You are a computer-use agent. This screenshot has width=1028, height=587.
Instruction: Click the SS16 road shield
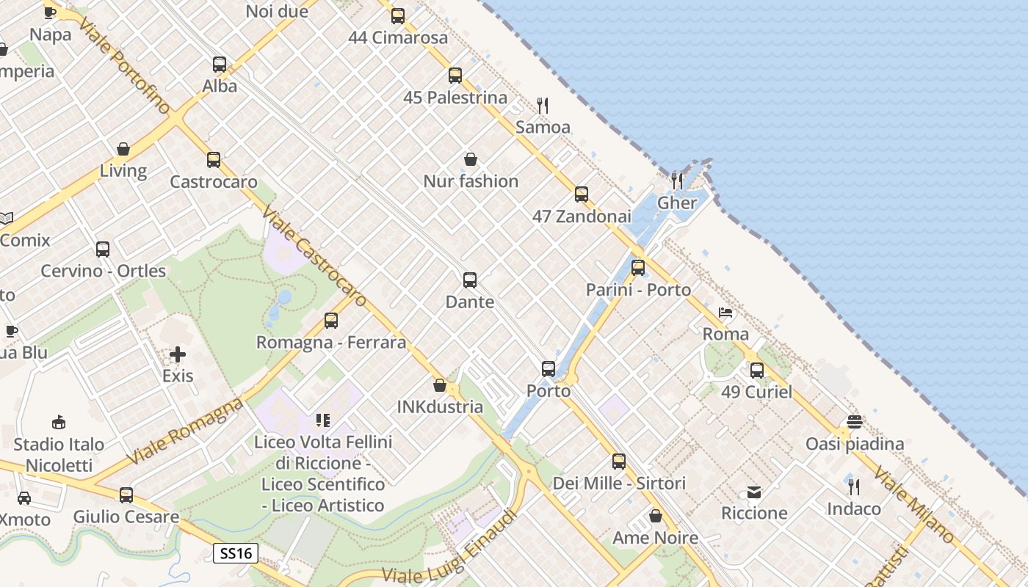[236, 553]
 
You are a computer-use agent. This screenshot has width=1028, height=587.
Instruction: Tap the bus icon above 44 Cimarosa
[398, 15]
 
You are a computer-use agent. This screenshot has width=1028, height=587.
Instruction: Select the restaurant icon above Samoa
[543, 105]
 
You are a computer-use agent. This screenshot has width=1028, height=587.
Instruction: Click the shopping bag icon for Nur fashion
[471, 159]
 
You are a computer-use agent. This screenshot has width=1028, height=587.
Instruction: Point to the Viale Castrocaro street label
[314, 258]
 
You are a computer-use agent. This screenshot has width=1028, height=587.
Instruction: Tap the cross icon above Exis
[178, 355]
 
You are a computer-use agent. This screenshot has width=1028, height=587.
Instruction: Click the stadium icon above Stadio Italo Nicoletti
[59, 422]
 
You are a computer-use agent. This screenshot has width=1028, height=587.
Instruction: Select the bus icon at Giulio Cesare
[126, 495]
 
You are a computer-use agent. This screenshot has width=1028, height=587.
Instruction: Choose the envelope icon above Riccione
[754, 492]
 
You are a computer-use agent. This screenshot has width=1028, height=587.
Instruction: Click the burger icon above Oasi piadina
[854, 422]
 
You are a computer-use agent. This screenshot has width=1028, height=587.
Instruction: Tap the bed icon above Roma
[725, 313]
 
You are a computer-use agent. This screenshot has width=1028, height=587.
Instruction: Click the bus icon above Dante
[470, 280]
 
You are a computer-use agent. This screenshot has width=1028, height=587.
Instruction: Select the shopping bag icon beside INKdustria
[440, 385]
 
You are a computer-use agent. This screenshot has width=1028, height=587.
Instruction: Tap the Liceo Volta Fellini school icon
[323, 420]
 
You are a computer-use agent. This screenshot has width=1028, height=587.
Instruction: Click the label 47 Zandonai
[582, 216]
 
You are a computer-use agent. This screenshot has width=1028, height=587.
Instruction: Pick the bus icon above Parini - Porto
[638, 268]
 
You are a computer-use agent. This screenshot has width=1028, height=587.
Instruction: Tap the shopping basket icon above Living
[123, 149]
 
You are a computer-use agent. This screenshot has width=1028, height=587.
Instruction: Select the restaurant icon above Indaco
[854, 486]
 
